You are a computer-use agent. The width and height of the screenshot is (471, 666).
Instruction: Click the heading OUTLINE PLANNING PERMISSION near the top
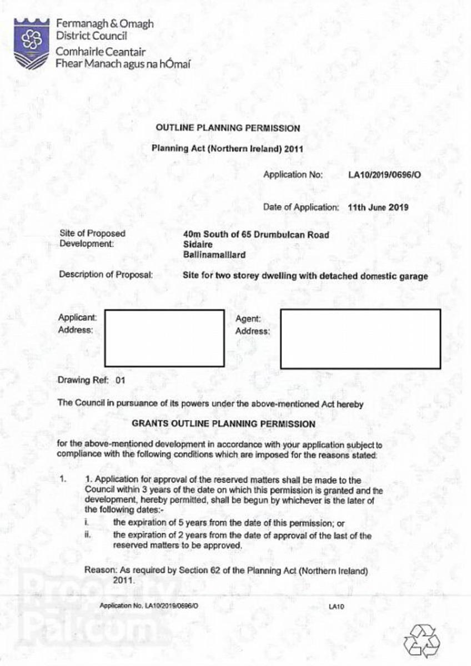[x=228, y=128]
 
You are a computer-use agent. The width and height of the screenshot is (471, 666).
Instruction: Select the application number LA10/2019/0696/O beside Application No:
[x=384, y=175]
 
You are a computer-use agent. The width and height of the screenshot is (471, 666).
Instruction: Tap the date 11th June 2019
[x=378, y=207]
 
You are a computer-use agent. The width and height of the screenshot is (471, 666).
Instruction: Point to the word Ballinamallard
[x=214, y=255]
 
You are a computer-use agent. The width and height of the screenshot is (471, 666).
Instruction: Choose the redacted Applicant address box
[x=164, y=338]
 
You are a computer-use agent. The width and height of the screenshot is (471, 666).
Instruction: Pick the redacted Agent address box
[x=360, y=339]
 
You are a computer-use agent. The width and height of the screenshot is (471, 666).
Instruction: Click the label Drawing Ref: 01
[x=92, y=381]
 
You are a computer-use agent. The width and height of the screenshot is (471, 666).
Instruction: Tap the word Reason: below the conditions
[x=99, y=570]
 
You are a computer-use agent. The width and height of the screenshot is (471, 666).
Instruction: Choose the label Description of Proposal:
[x=106, y=274]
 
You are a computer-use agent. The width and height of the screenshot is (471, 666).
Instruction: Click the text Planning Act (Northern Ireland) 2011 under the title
[x=228, y=149]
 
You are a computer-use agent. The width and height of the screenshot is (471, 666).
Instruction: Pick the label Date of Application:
[x=300, y=207]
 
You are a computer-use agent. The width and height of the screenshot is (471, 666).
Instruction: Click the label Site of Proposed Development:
[x=92, y=239]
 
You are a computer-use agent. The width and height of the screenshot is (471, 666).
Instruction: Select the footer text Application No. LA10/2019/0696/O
[x=149, y=606]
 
